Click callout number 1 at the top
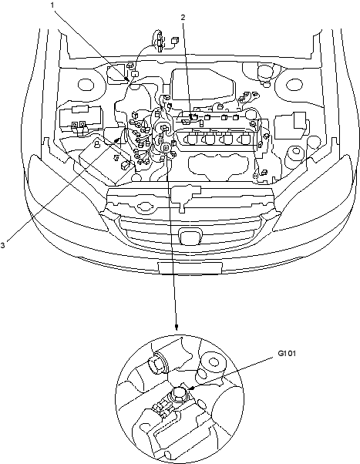coord(52,5)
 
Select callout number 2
coord(183,18)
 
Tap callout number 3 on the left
coord(2,245)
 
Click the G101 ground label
coord(287,353)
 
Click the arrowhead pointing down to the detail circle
coord(177,327)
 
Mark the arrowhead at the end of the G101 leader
coord(191,388)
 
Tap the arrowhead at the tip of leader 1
coord(127,79)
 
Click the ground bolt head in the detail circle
coord(179,394)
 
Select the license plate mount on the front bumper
coord(190,267)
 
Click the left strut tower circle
coord(86,85)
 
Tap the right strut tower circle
coord(294,86)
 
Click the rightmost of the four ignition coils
coord(244,139)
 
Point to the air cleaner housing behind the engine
coord(202,84)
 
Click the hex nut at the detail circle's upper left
coord(157,362)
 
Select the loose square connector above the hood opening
coord(175,40)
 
